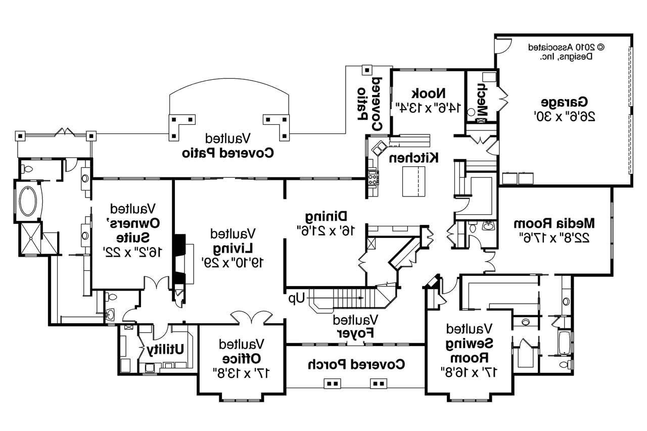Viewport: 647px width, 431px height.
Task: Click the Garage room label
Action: pyautogui.click(x=565, y=101)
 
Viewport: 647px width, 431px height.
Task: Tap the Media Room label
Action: pyautogui.click(x=553, y=223)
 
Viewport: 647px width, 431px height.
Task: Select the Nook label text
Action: pyautogui.click(x=429, y=93)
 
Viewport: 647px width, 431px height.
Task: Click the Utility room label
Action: pyautogui.click(x=165, y=349)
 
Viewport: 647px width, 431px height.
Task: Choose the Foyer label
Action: pyautogui.click(x=355, y=333)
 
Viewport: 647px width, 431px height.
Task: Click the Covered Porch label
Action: pyautogui.click(x=355, y=363)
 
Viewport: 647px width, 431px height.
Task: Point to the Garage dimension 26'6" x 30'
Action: pyautogui.click(x=565, y=116)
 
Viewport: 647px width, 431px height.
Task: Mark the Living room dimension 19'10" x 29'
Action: pyautogui.click(x=233, y=262)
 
